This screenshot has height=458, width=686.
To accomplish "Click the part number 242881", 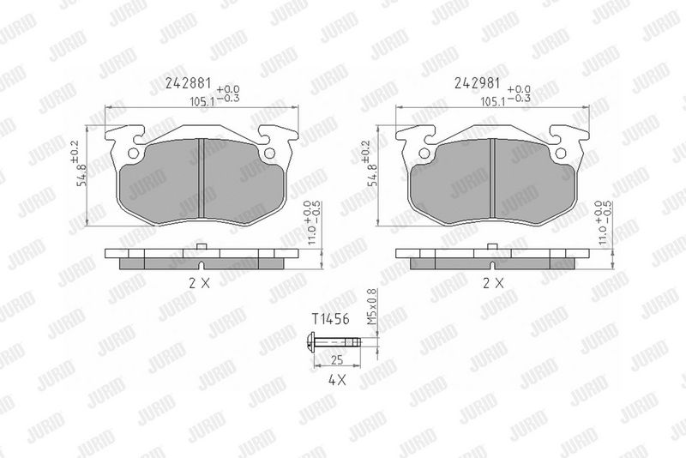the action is tap(188, 83).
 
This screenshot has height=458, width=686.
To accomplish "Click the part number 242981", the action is tap(477, 83).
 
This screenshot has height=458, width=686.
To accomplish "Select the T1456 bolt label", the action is tap(330, 319).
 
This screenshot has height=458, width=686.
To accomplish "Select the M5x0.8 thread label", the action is tap(371, 307).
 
